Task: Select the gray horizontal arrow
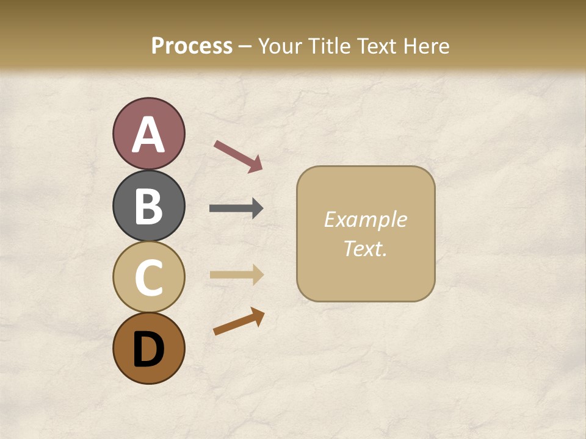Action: tap(236, 209)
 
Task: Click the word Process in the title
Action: tap(192, 46)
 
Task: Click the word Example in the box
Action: tap(365, 220)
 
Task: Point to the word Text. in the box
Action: tap(365, 248)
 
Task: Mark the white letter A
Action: tap(148, 135)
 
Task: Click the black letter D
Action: tap(148, 349)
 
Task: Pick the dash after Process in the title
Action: tap(245, 46)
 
